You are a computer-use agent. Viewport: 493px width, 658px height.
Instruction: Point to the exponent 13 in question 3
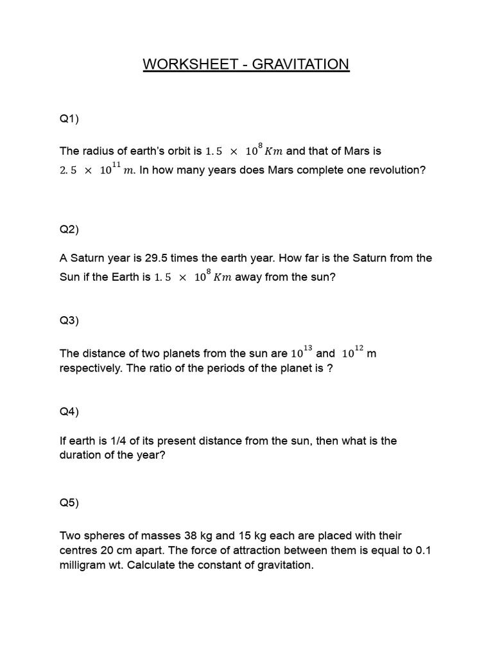307,348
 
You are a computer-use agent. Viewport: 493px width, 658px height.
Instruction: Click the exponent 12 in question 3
359,348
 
